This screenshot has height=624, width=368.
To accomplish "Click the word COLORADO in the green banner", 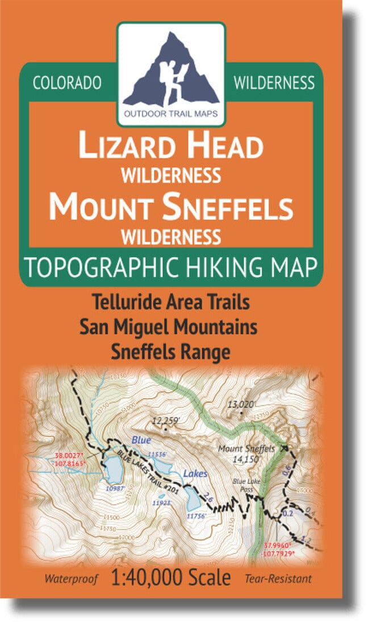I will click(67, 83).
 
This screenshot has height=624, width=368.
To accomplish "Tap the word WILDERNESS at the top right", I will click(274, 83).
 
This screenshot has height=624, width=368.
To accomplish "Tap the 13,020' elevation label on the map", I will click(242, 405).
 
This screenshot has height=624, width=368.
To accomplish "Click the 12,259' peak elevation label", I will click(165, 420).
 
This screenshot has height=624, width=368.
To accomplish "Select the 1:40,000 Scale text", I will click(172, 578).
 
